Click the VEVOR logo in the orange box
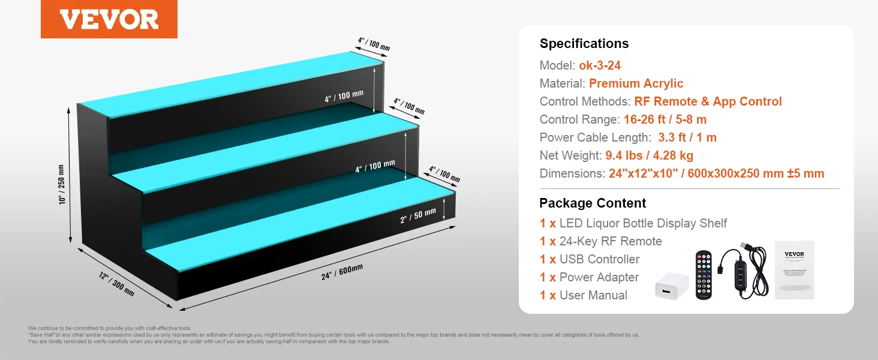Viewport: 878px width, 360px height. point(109,19)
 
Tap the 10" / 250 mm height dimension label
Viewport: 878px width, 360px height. point(62,184)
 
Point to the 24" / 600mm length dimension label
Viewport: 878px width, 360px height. point(338,274)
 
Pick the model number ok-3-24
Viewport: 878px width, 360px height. point(600,65)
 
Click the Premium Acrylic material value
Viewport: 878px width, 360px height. point(636,83)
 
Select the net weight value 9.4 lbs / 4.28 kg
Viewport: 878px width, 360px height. point(649,155)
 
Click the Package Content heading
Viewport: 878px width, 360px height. point(593,203)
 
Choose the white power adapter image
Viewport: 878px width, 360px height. point(672,287)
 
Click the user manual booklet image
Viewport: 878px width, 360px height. point(794,269)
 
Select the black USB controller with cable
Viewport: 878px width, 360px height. point(747,270)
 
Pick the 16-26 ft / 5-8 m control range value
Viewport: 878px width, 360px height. point(665,119)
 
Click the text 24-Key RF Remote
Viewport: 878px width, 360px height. point(611,241)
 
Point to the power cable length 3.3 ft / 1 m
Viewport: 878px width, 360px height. point(687,137)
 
